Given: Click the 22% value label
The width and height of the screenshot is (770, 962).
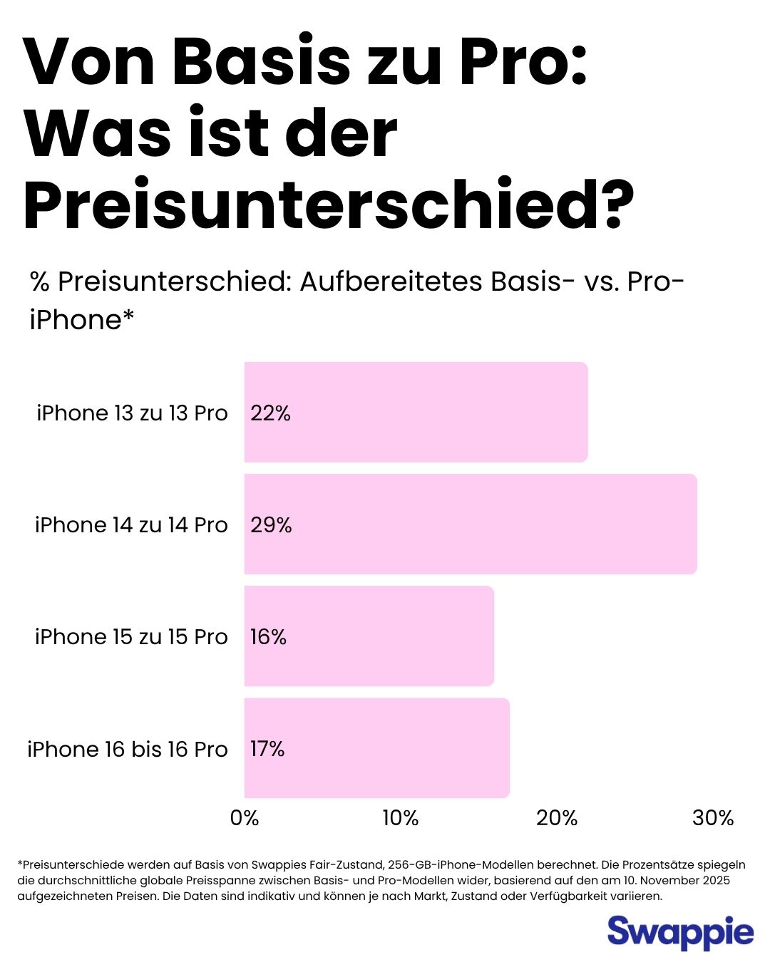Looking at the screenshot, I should coord(270,413).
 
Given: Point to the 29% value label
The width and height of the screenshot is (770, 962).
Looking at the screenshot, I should coord(271,525).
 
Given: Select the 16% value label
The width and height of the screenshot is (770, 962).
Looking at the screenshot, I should coord(268,637).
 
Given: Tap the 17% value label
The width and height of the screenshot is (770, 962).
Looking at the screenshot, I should coord(267,749).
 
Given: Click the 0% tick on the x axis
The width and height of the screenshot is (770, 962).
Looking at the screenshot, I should coord(245,818).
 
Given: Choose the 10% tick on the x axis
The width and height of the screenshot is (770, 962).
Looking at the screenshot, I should coord(401,818).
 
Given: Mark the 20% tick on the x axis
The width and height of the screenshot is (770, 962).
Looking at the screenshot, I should coord(557,818).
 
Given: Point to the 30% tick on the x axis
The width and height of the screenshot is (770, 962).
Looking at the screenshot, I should coord(713,818).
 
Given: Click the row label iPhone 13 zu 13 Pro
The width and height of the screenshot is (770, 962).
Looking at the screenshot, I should coord(132,413).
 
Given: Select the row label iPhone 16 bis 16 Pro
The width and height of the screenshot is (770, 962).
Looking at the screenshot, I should coord(128,750).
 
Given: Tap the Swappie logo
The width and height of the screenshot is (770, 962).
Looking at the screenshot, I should coord(680,933).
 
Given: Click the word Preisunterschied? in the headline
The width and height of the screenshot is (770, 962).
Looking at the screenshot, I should coord(329,205).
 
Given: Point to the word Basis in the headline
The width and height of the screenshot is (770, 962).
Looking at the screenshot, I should coord(261,63).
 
